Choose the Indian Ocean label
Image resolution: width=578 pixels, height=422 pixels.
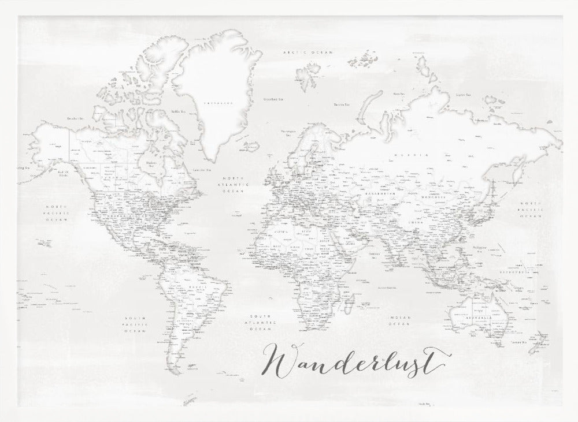pyautogui.click(x=399, y=320)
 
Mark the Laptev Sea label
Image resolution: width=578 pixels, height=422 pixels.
pyautogui.click(x=461, y=95)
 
